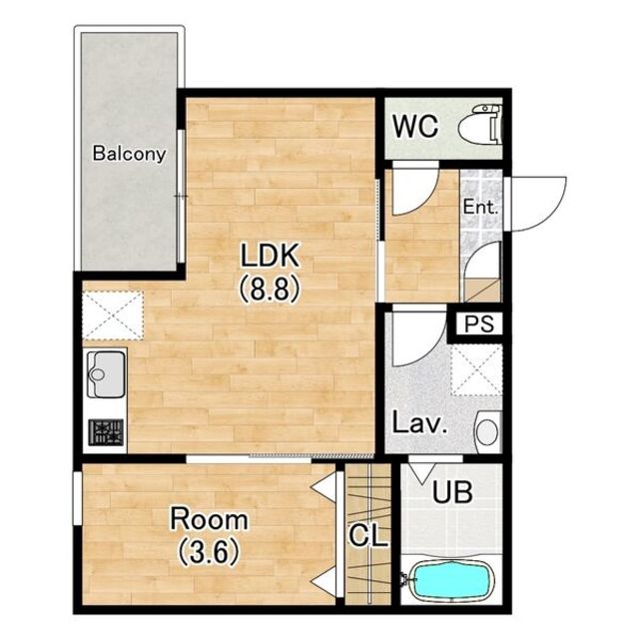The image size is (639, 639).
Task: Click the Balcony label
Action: tap(129, 154)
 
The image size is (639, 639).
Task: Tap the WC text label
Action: tap(415, 127)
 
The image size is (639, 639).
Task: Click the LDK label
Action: tap(270, 256)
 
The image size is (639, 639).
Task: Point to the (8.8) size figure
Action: tap(270, 290)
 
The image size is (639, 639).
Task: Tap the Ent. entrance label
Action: tap(480, 208)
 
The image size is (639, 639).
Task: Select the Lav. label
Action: tap(420, 423)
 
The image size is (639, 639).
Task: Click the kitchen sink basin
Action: tap(106, 374)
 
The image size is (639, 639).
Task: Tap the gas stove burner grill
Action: tap(106, 432)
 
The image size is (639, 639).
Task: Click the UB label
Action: tap(452, 492)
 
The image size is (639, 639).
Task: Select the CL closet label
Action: tap(368, 535)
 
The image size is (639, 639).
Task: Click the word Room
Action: tap(209, 519)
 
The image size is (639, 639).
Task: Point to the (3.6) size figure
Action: tap(209, 552)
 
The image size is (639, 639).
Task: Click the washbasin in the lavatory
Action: tap(488, 431)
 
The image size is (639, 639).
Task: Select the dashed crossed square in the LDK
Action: tap(113, 316)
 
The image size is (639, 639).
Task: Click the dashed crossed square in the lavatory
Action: tap(476, 370)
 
